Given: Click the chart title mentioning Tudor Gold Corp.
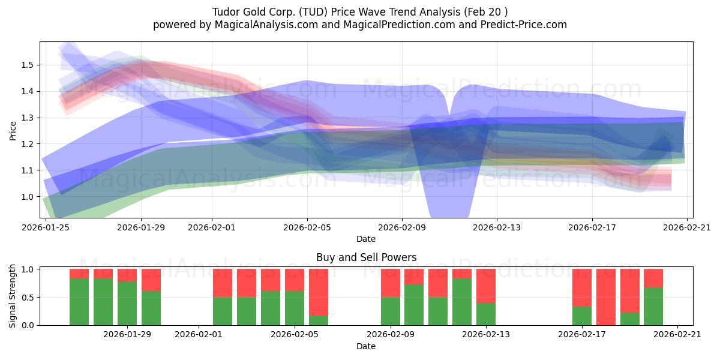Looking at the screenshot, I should (360, 12).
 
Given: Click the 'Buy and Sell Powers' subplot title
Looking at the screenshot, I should (366, 257).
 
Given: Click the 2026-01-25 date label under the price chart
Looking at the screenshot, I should (46, 227).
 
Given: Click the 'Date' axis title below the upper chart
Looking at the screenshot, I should (366, 239).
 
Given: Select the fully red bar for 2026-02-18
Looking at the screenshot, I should (606, 297).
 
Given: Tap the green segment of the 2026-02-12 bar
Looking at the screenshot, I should (462, 302).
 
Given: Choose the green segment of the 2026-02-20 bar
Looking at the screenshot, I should (653, 306).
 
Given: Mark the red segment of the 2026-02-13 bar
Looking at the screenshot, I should (486, 286).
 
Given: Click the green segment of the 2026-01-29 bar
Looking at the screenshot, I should (151, 308).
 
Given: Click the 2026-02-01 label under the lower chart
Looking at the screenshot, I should (199, 334).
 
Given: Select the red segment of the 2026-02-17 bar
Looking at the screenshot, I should (582, 287).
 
